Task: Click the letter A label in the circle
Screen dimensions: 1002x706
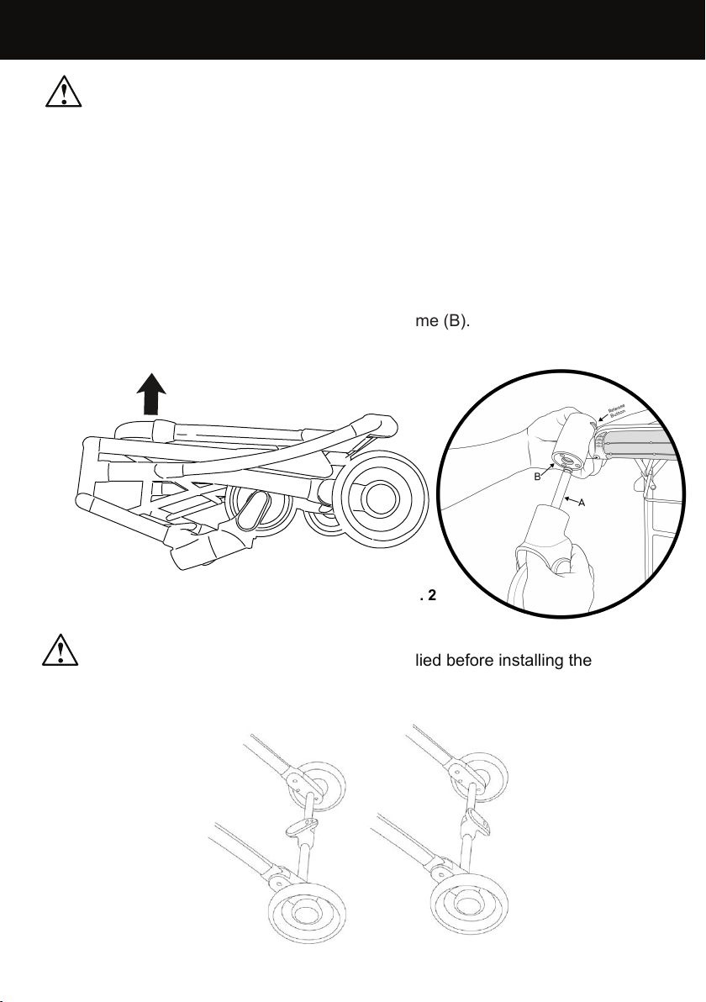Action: click(582, 502)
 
